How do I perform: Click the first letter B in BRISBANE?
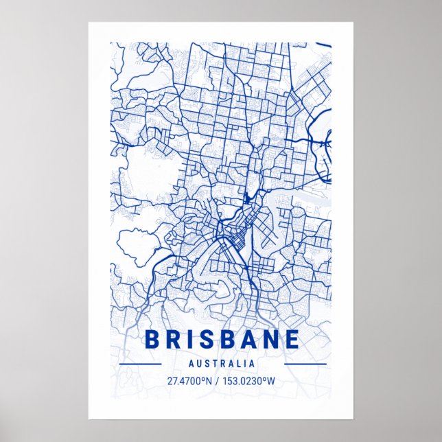152,340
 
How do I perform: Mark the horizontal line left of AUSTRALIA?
140,364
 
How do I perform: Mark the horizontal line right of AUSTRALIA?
305,364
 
